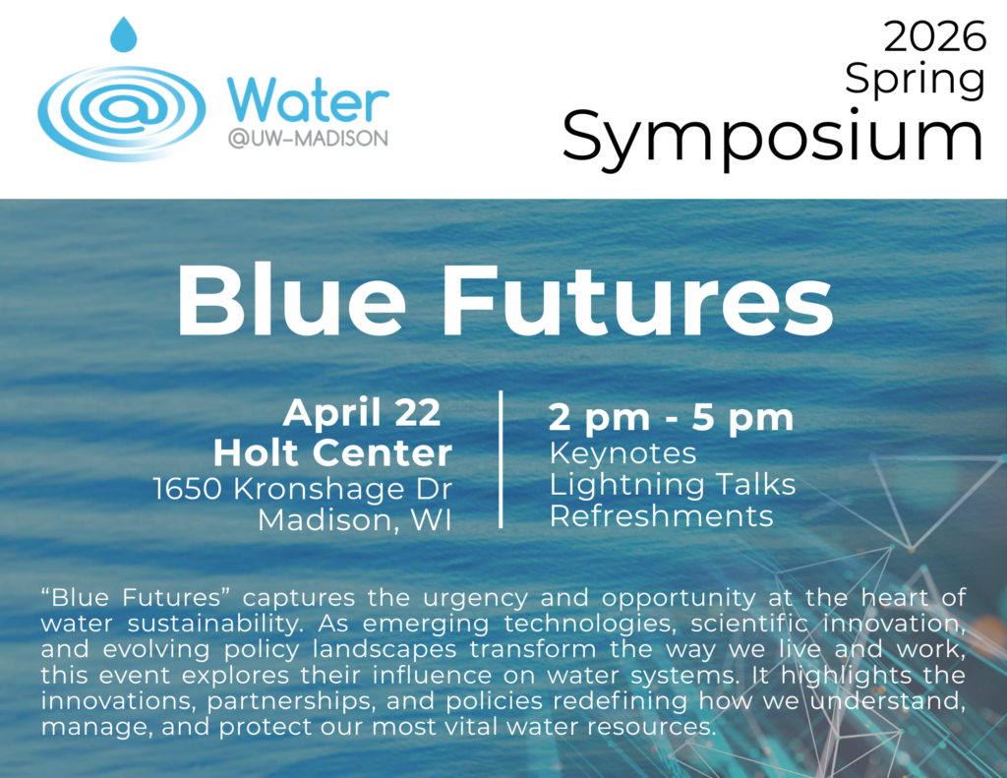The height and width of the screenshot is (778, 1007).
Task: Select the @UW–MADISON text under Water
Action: [307, 140]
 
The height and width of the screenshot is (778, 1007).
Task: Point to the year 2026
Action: [933, 37]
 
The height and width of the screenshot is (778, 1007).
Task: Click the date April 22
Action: [361, 413]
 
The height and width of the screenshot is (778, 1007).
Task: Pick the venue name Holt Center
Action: [332, 452]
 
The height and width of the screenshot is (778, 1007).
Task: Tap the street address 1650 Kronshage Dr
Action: [302, 488]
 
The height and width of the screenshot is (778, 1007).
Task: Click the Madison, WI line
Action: [354, 520]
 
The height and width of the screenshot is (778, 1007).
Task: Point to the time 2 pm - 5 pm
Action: [671, 417]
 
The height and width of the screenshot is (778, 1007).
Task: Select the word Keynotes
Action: [622, 453]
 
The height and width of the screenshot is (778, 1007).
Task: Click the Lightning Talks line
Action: [673, 485]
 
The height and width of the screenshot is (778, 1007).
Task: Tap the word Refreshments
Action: [661, 516]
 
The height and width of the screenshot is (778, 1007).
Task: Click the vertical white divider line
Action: [501, 458]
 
